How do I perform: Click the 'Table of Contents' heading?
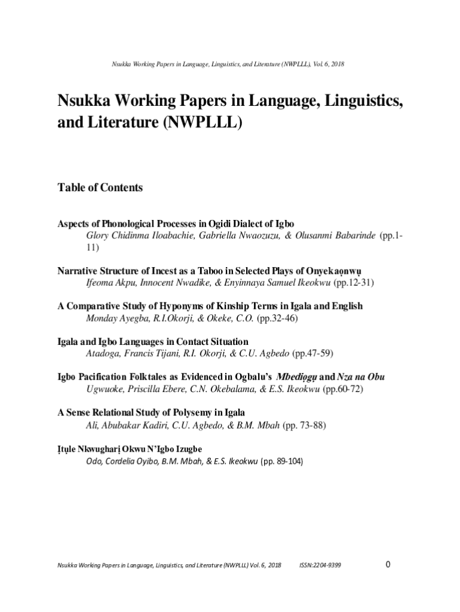[x=100, y=188]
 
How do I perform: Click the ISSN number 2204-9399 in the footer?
[x=320, y=565]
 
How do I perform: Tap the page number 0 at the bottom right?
[x=388, y=564]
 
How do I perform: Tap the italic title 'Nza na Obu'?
[x=361, y=377]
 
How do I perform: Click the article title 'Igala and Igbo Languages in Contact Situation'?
[x=152, y=342]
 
